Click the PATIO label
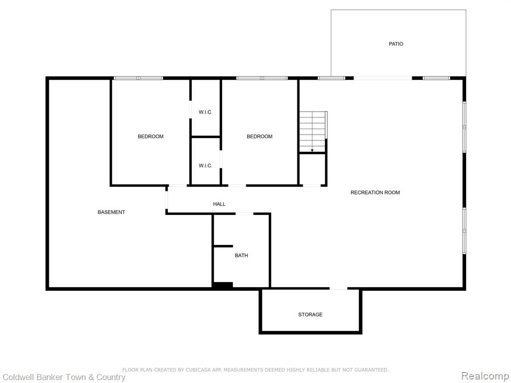coord(396,44)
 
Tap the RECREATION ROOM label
coord(375,192)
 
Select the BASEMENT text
coord(111,212)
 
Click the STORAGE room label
coord(310,314)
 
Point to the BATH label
coord(241,255)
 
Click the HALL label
coord(219,204)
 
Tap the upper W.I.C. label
coord(205,112)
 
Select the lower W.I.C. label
coord(205,166)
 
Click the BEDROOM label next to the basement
coord(151,137)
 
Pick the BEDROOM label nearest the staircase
coord(259,137)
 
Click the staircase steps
coord(313,132)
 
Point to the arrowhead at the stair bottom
coord(312,150)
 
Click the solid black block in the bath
coord(223,285)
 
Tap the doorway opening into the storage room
coord(338,289)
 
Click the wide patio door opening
coord(383,78)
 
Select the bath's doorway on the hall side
coord(245,213)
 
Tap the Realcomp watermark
coord(484,376)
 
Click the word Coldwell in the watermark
coord(18,377)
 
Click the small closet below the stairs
coord(312,169)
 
